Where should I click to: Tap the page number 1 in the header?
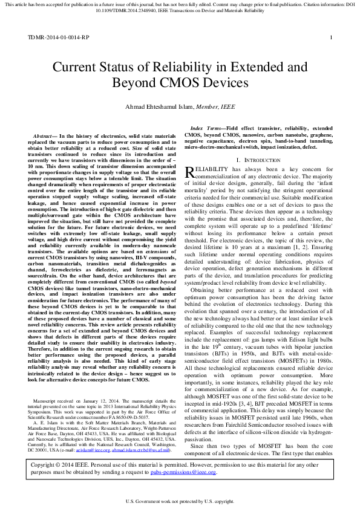(331, 37)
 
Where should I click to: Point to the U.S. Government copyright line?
(180, 502)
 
